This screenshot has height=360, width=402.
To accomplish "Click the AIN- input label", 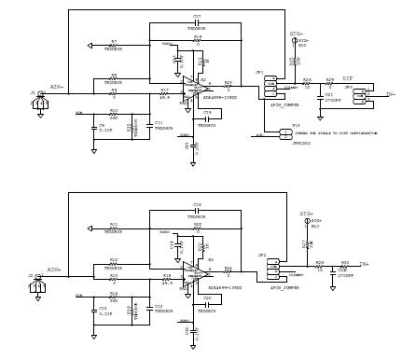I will (x=55, y=85).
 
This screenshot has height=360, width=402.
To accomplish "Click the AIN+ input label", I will (x=55, y=270).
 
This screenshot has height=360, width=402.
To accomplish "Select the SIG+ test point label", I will (x=306, y=214).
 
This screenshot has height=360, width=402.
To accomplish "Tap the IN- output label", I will (x=390, y=94).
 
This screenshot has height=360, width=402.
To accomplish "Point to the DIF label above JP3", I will (x=347, y=78).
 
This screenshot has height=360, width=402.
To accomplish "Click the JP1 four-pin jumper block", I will (x=270, y=87).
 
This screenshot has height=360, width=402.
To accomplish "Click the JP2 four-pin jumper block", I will (x=273, y=270).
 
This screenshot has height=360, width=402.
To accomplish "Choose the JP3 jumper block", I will (x=359, y=93).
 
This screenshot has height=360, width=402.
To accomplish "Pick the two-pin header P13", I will (x=285, y=133).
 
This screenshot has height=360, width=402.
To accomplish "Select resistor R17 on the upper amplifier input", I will (x=164, y=93).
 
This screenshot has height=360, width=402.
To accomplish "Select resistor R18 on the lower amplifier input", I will (x=166, y=277).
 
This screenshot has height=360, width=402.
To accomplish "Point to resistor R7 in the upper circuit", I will (x=113, y=45).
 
